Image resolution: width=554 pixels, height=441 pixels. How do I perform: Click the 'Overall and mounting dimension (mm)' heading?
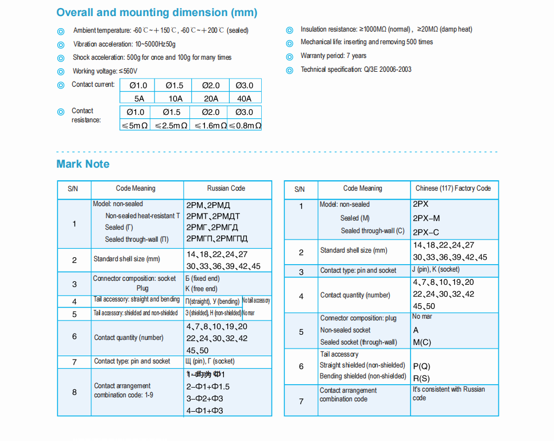[157, 13]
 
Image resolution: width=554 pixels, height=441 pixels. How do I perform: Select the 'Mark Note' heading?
[83, 164]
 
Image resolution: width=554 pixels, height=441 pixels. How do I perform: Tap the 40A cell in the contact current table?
[245, 98]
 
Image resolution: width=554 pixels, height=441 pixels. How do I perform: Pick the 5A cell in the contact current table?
[139, 98]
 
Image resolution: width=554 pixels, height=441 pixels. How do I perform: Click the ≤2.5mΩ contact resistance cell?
[171, 125]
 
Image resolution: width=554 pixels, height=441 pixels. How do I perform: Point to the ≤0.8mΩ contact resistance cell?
[245, 125]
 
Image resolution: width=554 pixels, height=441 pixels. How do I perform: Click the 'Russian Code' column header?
[226, 188]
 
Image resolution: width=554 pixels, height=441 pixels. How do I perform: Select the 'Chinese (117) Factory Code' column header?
[454, 188]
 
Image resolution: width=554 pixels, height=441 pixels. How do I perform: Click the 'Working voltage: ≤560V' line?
[105, 71]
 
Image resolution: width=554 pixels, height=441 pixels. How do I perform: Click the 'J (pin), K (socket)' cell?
[436, 269]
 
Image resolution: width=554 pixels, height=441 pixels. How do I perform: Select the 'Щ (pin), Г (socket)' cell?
[210, 361]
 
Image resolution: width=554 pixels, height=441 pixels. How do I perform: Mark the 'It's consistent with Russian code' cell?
[448, 393]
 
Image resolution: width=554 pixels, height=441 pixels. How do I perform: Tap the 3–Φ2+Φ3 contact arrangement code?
[205, 399]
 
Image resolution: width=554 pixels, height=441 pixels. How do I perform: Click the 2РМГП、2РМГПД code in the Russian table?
[217, 238]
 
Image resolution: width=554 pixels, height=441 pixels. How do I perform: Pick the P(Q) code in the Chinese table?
[421, 366]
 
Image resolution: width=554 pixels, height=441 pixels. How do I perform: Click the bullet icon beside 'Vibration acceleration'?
[61, 45]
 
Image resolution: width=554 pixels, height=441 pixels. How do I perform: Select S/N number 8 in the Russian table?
[74, 392]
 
